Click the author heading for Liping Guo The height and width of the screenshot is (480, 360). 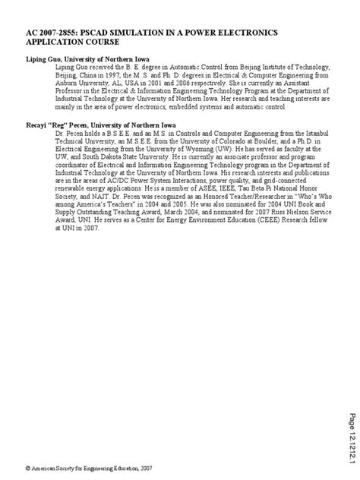(87, 58)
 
